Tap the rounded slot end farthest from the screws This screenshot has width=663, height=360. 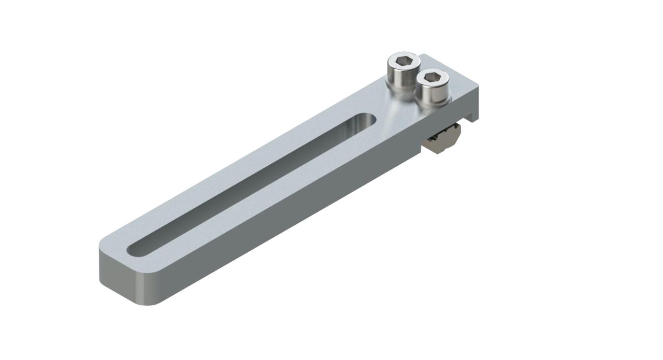(x=136, y=249)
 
